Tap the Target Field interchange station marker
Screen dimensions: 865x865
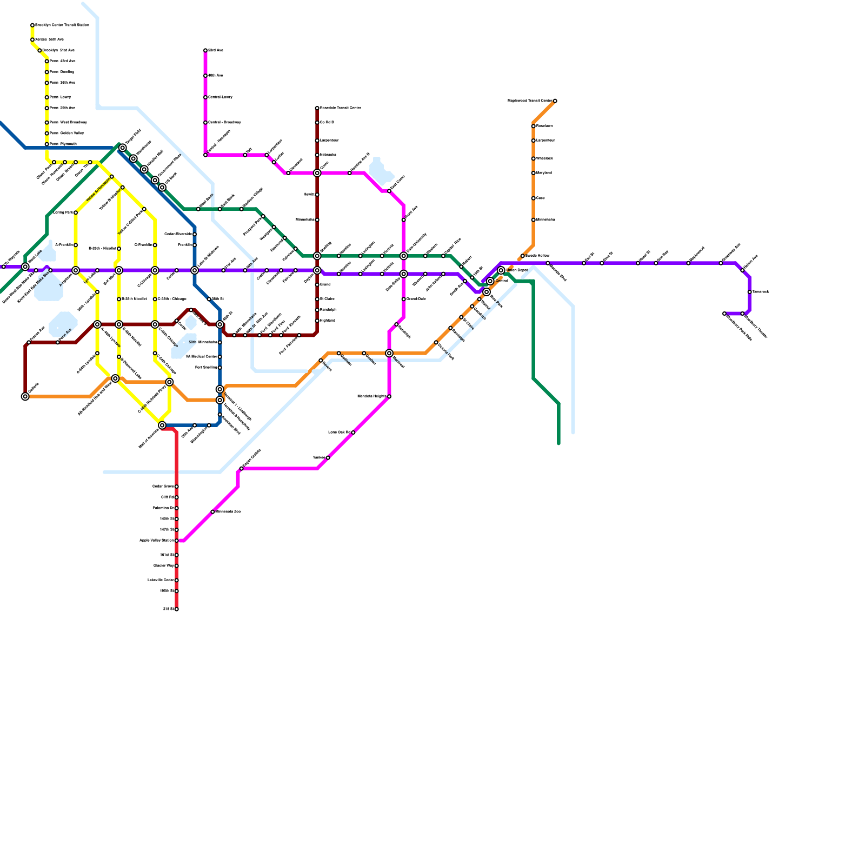(x=123, y=148)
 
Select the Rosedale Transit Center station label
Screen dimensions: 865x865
(x=340, y=108)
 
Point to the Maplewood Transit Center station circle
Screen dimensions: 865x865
(x=555, y=101)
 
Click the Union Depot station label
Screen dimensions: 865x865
(x=517, y=270)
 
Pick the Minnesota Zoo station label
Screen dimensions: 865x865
(x=228, y=511)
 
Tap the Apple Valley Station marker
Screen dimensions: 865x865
(x=176, y=541)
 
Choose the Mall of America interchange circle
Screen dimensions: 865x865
(x=162, y=425)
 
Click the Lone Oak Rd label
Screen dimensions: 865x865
(x=339, y=432)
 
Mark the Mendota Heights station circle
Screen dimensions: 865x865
(x=389, y=397)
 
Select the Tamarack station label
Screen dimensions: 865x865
(x=761, y=292)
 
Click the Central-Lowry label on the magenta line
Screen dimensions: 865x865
(x=221, y=97)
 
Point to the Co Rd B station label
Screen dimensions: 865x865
(x=327, y=123)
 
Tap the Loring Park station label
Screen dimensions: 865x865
(x=63, y=212)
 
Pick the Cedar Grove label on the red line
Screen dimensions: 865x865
(x=163, y=487)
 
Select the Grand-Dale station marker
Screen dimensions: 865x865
(x=404, y=299)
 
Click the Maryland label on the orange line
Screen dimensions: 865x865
(x=544, y=173)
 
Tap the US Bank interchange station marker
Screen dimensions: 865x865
(x=162, y=188)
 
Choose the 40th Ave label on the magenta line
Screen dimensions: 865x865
(x=216, y=76)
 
